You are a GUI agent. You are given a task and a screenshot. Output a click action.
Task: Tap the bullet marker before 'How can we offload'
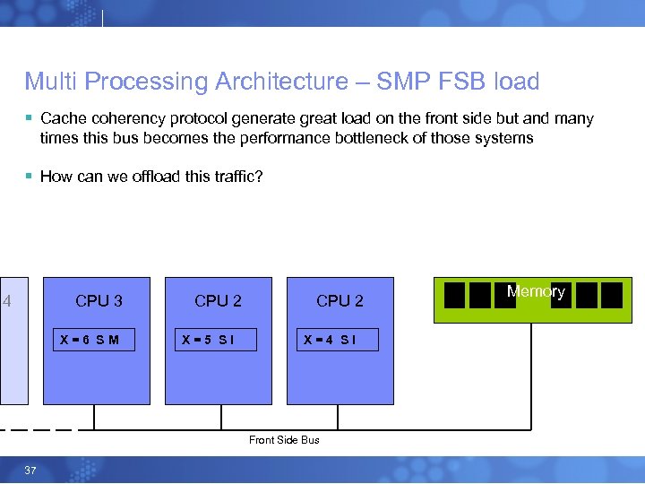tap(30, 177)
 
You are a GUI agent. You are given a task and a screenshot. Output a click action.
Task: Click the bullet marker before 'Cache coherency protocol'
tap(30, 118)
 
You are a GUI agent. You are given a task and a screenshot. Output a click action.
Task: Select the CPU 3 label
tap(99, 301)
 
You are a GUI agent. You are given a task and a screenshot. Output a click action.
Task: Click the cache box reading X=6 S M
tap(93, 340)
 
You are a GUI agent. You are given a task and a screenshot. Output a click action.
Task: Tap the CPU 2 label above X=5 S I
tap(218, 301)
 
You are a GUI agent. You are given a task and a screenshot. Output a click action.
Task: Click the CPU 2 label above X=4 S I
tap(340, 301)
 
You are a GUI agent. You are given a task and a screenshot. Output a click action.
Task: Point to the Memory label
tap(536, 291)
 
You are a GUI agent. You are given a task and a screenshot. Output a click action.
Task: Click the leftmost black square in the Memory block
tap(455, 295)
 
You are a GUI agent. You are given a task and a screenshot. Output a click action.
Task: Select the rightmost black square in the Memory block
tap(612, 295)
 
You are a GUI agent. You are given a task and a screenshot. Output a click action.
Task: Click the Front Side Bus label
tap(284, 440)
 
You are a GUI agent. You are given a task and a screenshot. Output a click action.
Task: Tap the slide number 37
tap(30, 471)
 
